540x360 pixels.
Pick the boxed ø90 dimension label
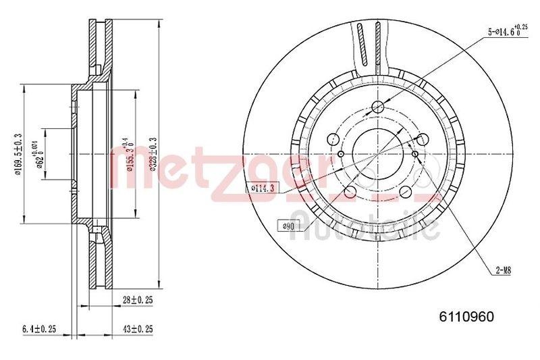click(286, 226)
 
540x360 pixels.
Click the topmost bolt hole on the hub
click(378, 107)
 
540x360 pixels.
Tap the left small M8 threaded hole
click(341, 153)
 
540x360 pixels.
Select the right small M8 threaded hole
click(414, 161)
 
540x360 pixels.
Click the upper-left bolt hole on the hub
click(333, 138)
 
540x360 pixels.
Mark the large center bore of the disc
click(377, 153)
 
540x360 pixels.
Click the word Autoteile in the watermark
click(368, 227)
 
